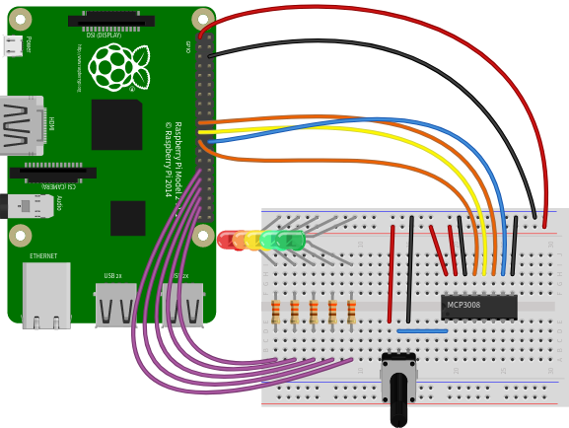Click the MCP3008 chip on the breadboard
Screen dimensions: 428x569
478,307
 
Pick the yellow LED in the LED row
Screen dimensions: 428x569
254,240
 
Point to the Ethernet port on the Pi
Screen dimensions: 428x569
46,294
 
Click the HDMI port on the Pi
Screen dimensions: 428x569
22,125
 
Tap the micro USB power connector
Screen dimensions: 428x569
13,45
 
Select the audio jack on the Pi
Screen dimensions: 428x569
26,206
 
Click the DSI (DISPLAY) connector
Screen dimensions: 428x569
110,21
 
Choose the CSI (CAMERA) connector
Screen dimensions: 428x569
53,173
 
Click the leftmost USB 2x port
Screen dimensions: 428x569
115,305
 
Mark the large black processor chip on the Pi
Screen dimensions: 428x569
116,124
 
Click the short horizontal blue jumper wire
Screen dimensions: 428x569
421,330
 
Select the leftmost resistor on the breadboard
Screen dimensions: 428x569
275,312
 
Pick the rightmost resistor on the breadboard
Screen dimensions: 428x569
351,312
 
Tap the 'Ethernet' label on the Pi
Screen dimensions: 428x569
43,256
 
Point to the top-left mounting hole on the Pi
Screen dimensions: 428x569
20,19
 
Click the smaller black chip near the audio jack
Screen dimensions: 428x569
128,218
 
